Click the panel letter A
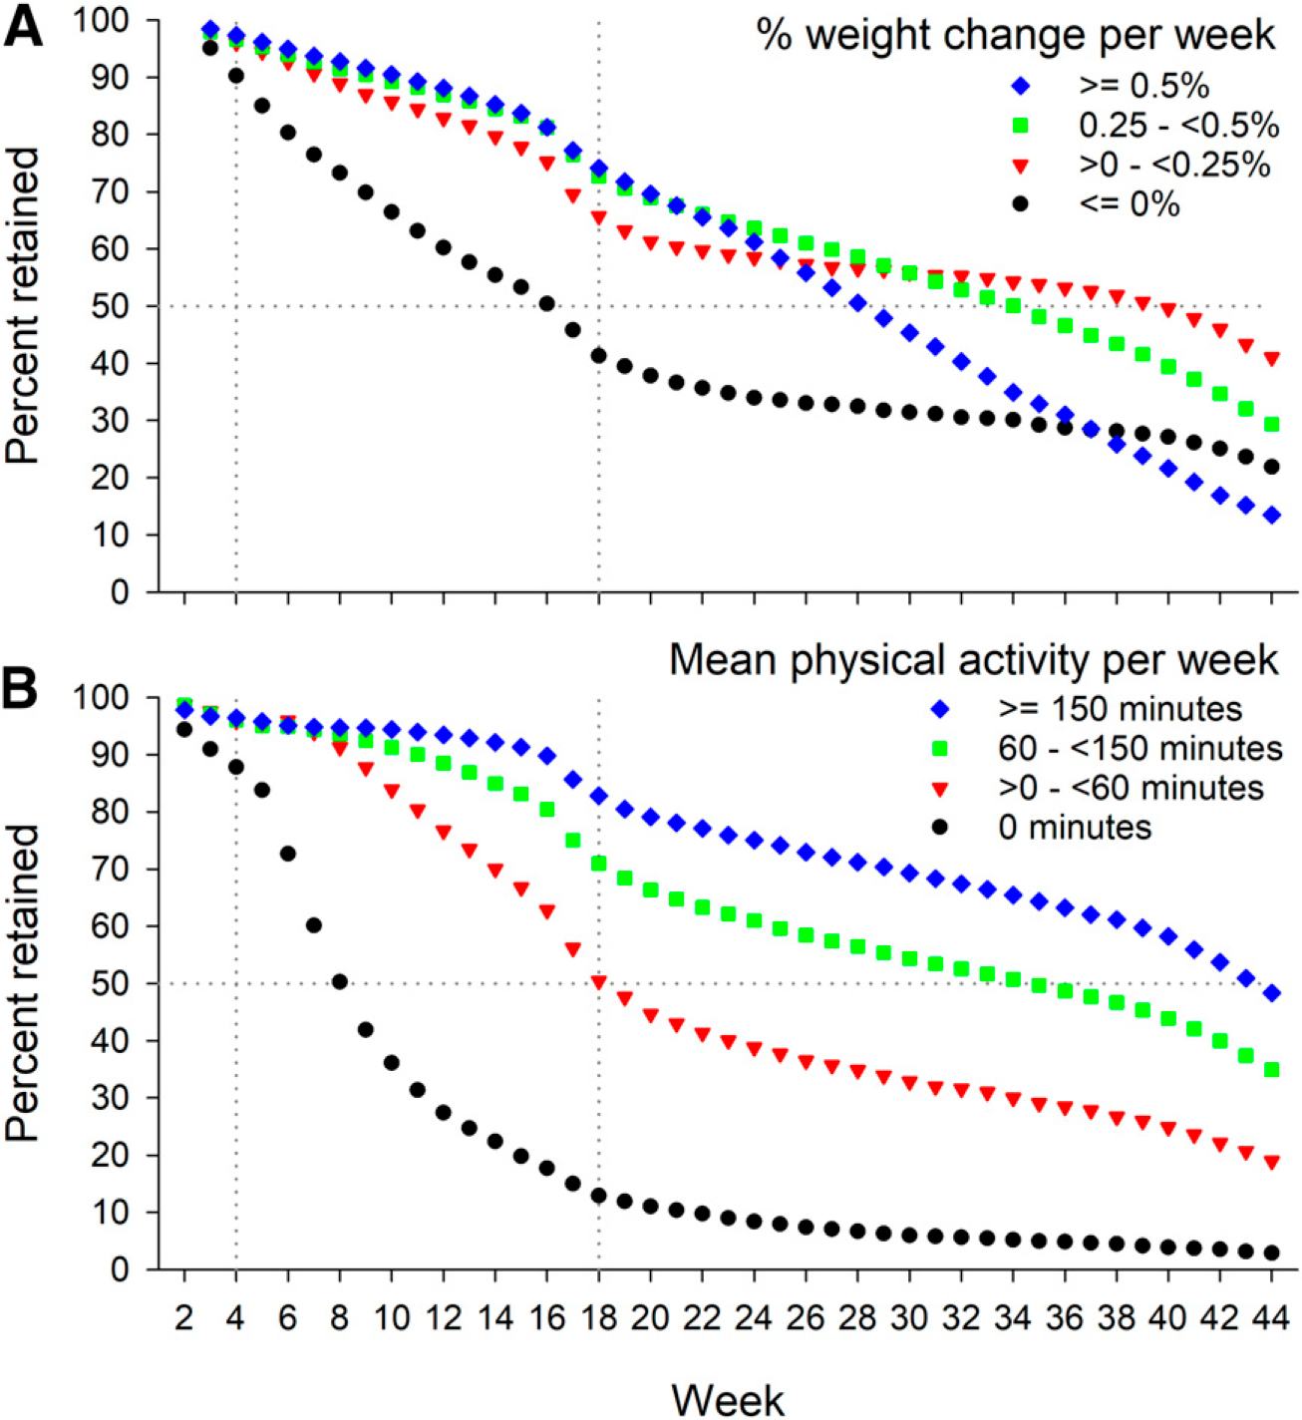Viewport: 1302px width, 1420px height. (24, 28)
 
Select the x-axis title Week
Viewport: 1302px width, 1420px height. (728, 1400)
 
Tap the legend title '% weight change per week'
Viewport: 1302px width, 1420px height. (1015, 36)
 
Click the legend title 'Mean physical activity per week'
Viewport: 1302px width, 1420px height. (973, 660)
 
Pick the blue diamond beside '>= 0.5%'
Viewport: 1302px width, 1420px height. (1020, 87)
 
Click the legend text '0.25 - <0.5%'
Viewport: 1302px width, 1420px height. (1178, 126)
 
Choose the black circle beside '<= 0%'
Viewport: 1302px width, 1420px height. (1020, 204)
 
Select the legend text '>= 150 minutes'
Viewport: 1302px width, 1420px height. (1121, 709)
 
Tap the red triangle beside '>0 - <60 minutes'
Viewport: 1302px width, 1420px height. (939, 789)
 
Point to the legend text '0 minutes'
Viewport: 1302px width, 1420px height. (1075, 828)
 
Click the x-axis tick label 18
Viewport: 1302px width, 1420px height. (598, 1318)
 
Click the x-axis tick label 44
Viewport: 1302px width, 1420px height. (1271, 1318)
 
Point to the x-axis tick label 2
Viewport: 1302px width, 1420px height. (183, 1318)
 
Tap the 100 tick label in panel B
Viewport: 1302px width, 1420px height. (102, 698)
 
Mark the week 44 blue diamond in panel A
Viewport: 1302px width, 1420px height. (1272, 516)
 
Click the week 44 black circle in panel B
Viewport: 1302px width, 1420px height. (1272, 1252)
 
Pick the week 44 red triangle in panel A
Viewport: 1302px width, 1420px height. (1272, 358)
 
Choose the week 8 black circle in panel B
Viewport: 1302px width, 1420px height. (340, 982)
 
